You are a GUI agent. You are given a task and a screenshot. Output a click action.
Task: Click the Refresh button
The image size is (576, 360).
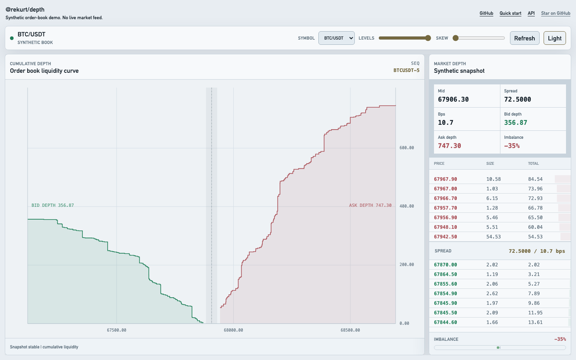tap(524, 38)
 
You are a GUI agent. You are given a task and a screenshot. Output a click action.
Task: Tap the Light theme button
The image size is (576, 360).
tap(555, 38)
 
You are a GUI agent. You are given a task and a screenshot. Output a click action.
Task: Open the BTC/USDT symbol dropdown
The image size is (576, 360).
tap(336, 38)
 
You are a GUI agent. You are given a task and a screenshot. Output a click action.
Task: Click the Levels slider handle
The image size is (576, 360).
tap(428, 38)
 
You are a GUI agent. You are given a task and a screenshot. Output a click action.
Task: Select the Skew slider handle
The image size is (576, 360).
tap(456, 38)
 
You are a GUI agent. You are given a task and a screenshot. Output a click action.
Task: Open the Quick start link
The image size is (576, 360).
tap(510, 13)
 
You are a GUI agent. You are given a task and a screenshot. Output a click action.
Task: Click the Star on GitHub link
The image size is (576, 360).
tap(556, 13)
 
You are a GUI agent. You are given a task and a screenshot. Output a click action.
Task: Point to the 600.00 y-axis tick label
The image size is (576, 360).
tap(406, 148)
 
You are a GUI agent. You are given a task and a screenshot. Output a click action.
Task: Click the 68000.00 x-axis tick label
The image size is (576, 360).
tap(233, 330)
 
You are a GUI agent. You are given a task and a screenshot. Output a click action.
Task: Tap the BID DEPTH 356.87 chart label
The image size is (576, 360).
tap(53, 206)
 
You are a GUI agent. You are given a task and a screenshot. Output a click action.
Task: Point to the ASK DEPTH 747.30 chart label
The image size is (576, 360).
tap(370, 206)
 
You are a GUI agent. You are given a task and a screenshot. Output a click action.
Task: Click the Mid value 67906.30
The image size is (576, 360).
tap(453, 100)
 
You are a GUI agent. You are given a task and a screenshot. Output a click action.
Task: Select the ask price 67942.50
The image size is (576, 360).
tap(445, 237)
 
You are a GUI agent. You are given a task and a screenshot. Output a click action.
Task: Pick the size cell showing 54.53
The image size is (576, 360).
tap(494, 237)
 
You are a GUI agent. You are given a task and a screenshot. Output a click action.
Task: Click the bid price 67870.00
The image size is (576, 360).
tap(445, 265)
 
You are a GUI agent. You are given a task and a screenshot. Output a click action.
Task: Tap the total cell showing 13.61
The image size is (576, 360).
tap(535, 322)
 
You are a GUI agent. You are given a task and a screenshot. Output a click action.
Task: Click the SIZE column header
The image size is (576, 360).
tap(490, 164)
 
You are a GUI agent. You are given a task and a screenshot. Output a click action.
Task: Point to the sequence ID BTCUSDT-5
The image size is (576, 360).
tap(406, 70)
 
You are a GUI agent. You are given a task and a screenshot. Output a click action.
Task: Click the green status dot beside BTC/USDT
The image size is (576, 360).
tap(12, 38)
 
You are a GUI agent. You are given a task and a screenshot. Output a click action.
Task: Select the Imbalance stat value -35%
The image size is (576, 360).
tap(512, 146)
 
